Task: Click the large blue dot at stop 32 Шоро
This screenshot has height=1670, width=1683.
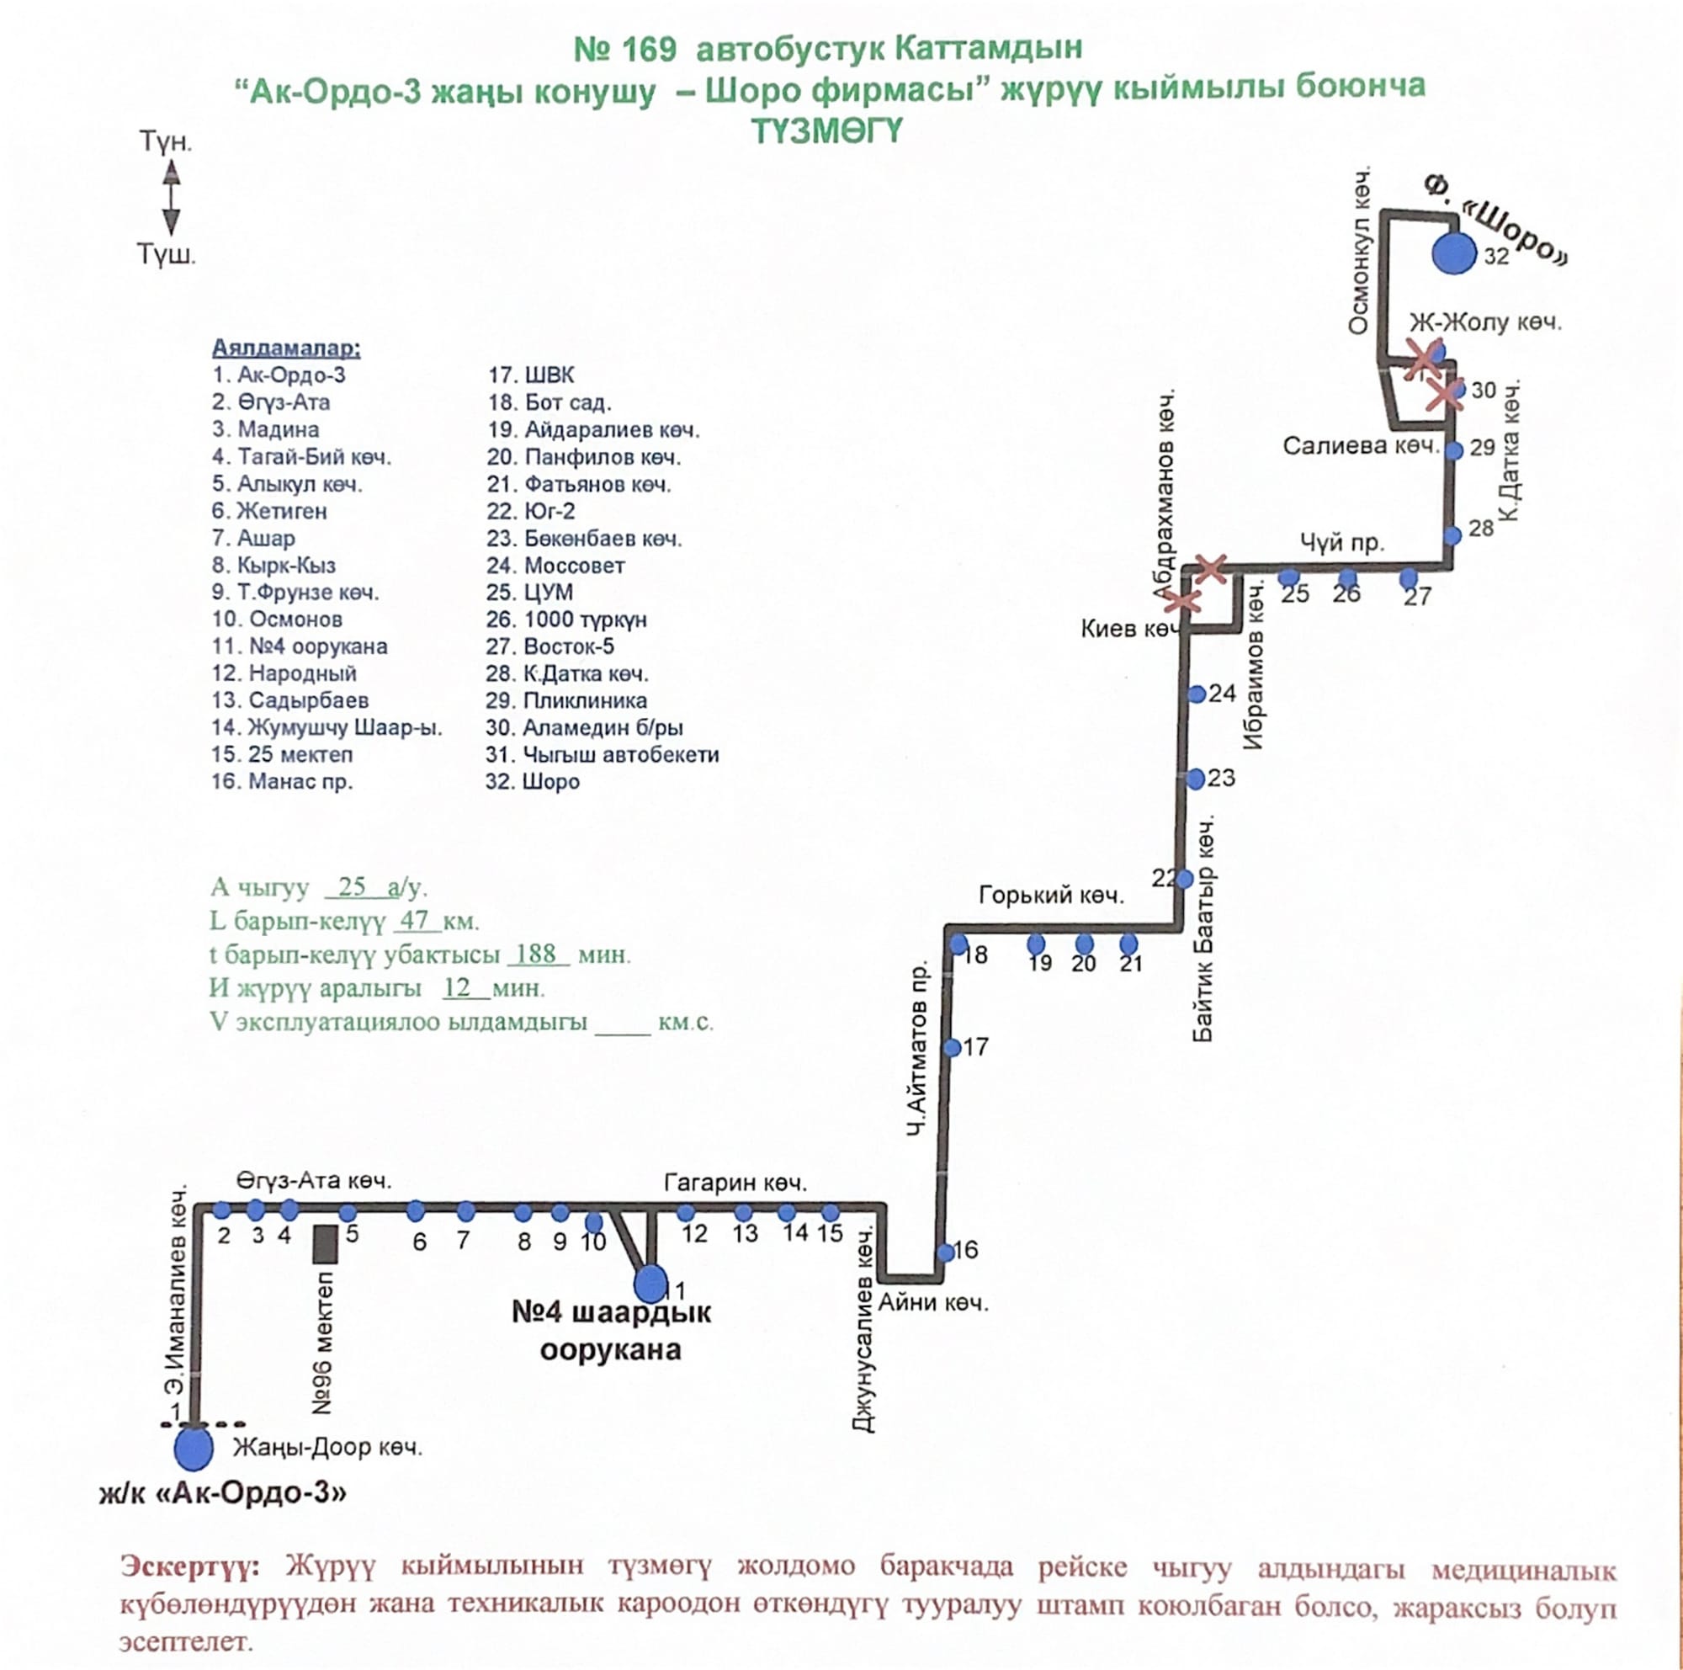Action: [1453, 253]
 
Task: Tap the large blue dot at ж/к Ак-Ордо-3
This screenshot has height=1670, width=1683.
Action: [193, 1447]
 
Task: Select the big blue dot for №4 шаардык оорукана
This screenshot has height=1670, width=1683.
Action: [650, 1282]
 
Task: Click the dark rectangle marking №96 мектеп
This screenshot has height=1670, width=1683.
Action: [325, 1244]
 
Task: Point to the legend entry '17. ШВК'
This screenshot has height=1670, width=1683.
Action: [530, 375]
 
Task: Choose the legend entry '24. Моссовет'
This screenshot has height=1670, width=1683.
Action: [555, 566]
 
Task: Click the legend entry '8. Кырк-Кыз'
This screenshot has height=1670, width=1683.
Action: [273, 566]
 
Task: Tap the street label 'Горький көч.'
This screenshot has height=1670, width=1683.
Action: [1050, 895]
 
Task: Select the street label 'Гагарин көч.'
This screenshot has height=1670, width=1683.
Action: [735, 1182]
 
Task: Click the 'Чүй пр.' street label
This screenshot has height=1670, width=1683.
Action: [1341, 544]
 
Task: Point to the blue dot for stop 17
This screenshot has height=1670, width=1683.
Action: [952, 1047]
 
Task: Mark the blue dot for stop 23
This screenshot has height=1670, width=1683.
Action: [1196, 779]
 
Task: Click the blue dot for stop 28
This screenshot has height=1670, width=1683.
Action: [1452, 535]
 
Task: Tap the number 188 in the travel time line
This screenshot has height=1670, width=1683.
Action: [536, 954]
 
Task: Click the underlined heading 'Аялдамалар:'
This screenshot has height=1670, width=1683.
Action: [286, 348]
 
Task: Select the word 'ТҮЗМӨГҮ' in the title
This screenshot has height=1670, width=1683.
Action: [826, 130]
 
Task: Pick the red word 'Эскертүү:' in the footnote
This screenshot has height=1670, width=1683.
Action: [189, 1566]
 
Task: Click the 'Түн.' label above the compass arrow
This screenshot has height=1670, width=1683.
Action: [166, 142]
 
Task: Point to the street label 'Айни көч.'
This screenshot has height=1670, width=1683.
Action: [932, 1302]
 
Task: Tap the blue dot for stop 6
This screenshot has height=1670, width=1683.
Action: [416, 1211]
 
